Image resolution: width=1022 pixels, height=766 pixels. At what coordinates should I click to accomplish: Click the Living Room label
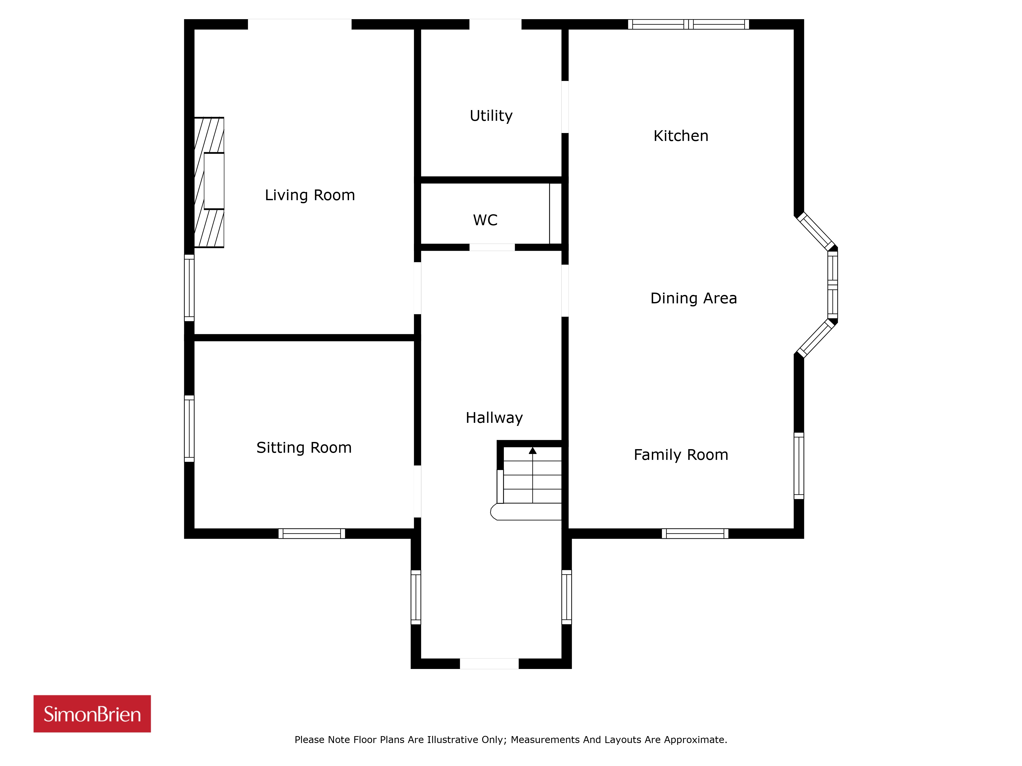[310, 195]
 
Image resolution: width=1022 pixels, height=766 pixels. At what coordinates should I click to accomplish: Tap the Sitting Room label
[304, 447]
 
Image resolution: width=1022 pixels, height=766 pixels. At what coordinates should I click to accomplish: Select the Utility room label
[491, 116]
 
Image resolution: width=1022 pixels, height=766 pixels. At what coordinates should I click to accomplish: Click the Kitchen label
[681, 136]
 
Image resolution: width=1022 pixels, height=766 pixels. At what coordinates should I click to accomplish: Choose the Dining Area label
[693, 298]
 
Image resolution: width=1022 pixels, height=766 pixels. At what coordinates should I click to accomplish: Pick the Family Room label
[681, 455]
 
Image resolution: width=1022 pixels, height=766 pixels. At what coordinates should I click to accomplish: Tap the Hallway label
[494, 418]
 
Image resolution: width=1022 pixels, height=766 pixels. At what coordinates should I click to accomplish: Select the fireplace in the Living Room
[209, 182]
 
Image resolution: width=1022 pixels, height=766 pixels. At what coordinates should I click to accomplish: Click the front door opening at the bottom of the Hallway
[489, 664]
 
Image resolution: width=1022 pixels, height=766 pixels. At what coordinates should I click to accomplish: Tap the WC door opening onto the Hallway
[492, 247]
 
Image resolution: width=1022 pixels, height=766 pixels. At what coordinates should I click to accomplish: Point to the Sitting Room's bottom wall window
[312, 534]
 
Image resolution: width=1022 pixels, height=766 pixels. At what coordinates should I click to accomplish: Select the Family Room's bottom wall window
[695, 534]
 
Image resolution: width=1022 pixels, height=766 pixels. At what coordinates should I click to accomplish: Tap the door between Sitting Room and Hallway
[417, 491]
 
